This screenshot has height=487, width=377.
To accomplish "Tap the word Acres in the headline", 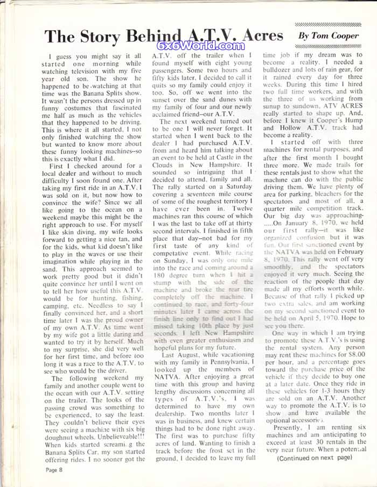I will pyautogui.click(x=257, y=35).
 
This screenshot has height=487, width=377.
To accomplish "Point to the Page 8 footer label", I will pyautogui.click(x=54, y=469).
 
